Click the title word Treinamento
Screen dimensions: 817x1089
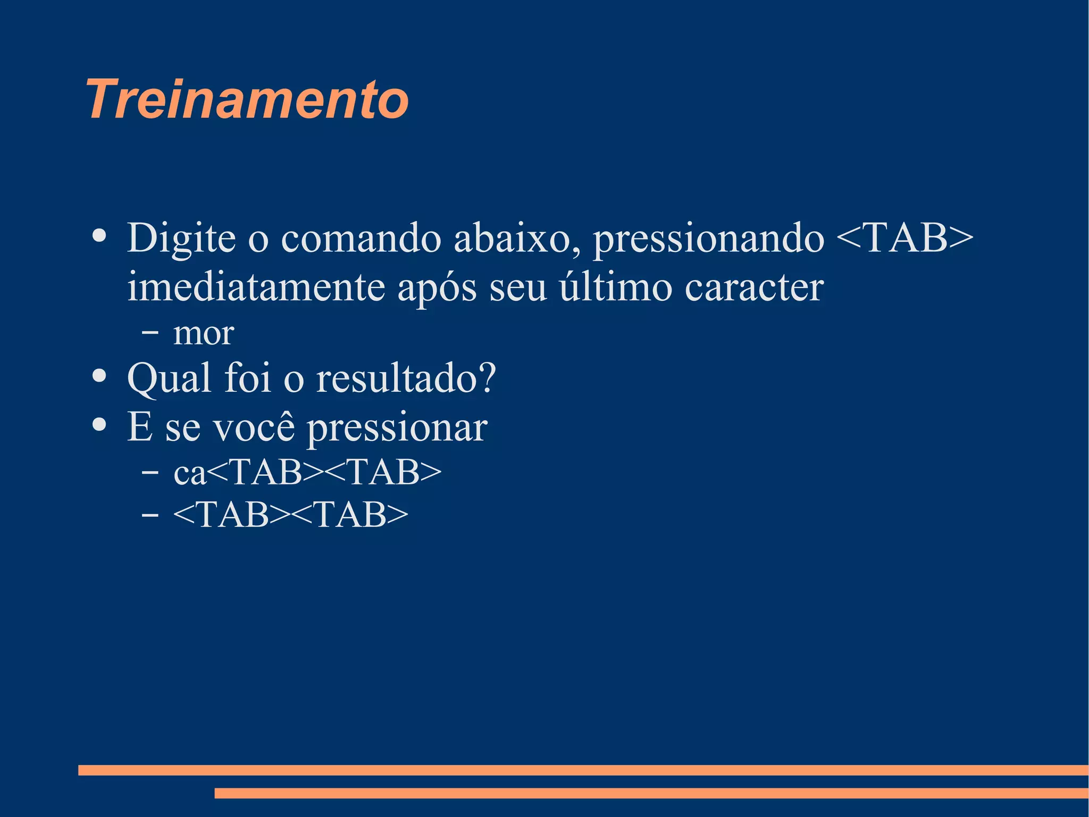[x=247, y=100]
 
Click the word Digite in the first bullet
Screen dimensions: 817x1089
[x=181, y=238]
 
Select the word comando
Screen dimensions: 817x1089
[x=361, y=238]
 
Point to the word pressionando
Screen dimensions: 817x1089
[x=708, y=238]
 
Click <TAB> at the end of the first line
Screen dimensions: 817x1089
[x=904, y=238]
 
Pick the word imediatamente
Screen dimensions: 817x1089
[x=256, y=287]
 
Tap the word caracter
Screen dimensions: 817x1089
[x=754, y=287]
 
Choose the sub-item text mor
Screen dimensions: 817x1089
[x=204, y=334]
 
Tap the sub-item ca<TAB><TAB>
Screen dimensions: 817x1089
[x=307, y=472]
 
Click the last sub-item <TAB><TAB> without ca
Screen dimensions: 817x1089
[x=290, y=515]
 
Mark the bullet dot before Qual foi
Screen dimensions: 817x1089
[x=99, y=376]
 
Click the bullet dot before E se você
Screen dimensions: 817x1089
[x=99, y=425]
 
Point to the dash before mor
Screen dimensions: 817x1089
[x=150, y=333]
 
